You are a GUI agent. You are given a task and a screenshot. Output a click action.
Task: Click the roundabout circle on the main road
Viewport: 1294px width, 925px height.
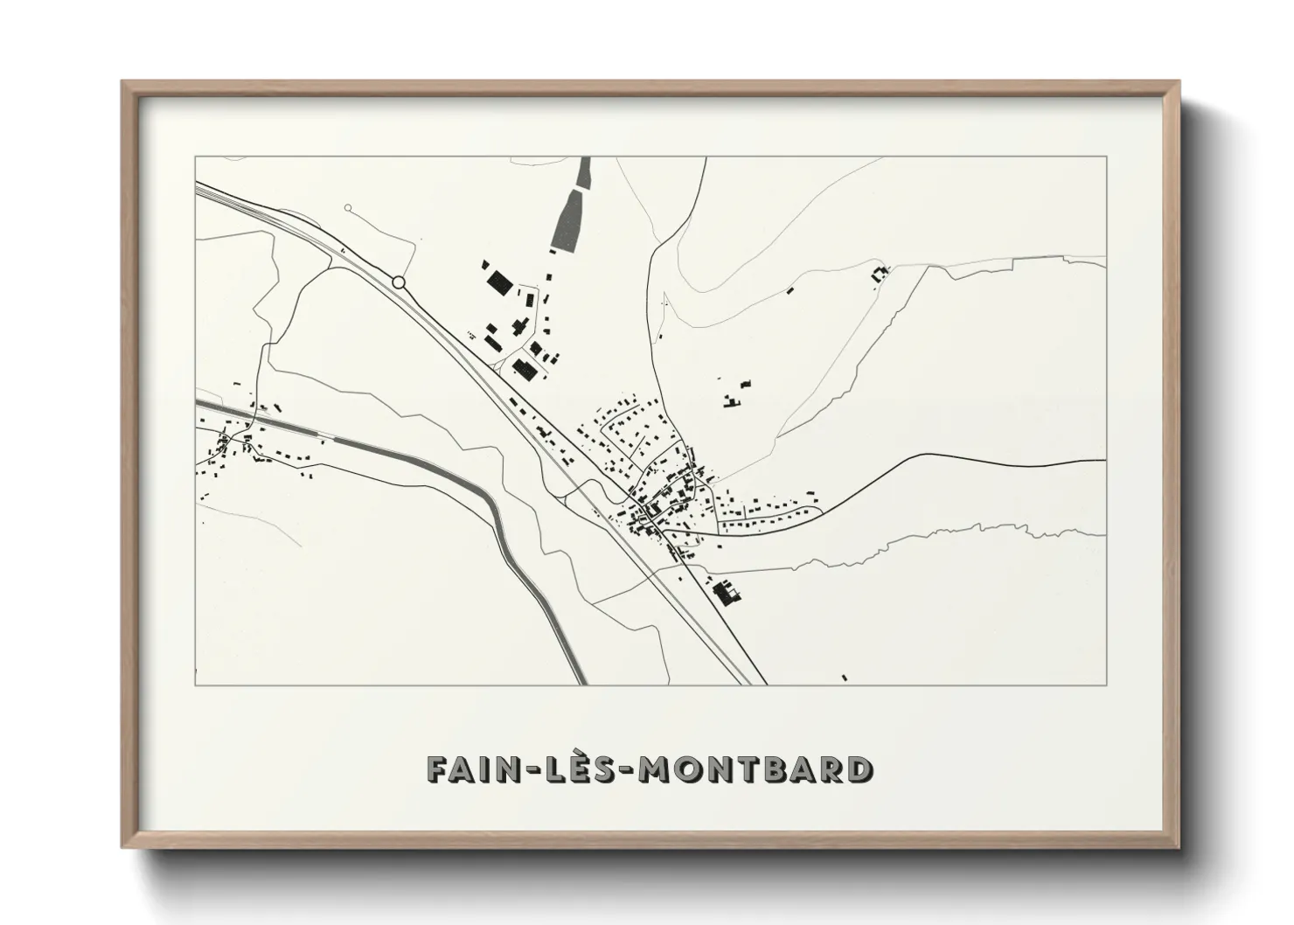(x=399, y=282)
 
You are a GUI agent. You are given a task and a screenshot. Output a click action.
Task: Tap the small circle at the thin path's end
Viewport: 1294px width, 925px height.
(x=348, y=208)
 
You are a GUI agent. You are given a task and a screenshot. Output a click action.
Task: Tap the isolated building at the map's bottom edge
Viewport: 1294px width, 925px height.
(x=844, y=677)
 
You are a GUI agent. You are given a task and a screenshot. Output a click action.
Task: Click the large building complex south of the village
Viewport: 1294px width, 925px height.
(x=726, y=595)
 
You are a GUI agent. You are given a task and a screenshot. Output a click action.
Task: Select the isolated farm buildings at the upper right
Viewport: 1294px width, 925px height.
(x=880, y=274)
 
